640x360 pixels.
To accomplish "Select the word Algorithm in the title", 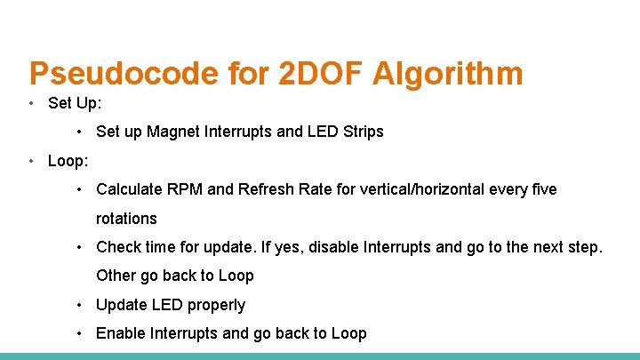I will click(x=452, y=74).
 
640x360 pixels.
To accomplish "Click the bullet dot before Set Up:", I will click(x=32, y=103).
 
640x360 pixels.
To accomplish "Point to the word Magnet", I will click(x=173, y=132).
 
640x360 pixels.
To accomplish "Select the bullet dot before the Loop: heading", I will click(x=32, y=161).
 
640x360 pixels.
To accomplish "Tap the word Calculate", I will click(x=131, y=189).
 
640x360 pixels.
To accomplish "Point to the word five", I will click(x=540, y=189).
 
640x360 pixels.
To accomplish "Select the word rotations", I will click(x=126, y=219).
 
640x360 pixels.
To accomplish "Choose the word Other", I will click(x=116, y=276).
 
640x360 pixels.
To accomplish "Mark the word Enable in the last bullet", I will click(x=121, y=333).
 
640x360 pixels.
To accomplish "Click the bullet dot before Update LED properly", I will click(x=80, y=305).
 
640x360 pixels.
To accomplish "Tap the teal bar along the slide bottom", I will click(x=320, y=356).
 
